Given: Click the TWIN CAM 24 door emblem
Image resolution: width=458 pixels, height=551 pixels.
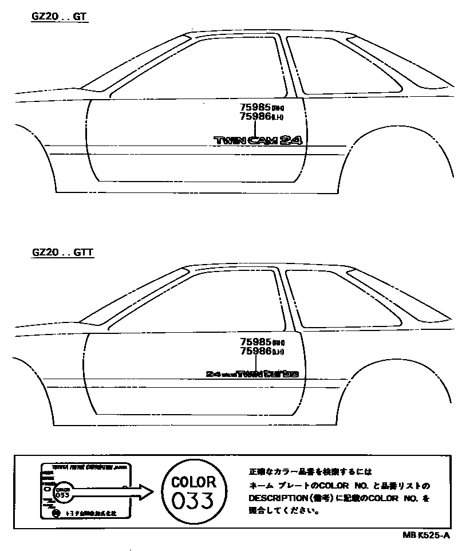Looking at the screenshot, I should (257, 140).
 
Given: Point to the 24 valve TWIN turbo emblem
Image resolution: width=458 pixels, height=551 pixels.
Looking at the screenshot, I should (252, 373).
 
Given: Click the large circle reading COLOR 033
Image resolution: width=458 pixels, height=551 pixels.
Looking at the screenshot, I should (194, 490).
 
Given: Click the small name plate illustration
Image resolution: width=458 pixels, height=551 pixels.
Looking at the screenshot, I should (85, 491).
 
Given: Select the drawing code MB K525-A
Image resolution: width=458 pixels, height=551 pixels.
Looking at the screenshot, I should (426, 535).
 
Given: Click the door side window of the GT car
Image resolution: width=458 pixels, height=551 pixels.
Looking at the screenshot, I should (200, 69).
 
